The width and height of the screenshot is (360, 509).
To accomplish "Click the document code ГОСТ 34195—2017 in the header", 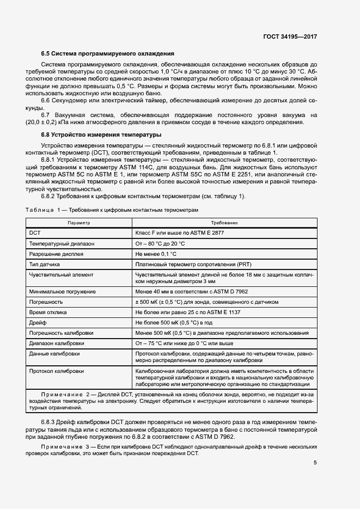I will coord(290,36).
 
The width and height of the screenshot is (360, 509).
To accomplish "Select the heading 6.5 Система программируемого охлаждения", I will coord(108,54).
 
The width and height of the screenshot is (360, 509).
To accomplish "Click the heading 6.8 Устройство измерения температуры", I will coord(101,134).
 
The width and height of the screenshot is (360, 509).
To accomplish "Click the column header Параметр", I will coord(79,223).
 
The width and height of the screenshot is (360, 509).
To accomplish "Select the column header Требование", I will coord(224,223).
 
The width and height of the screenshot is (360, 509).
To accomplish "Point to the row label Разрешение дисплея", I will coord(57,254).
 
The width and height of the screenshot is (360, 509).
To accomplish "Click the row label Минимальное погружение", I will coord(63,292).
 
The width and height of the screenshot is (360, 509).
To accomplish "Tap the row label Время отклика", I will coord(48,312).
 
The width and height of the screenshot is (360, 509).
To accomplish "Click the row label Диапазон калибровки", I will coord(57,344).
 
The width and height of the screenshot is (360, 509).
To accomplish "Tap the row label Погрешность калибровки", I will coord(61,333).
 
